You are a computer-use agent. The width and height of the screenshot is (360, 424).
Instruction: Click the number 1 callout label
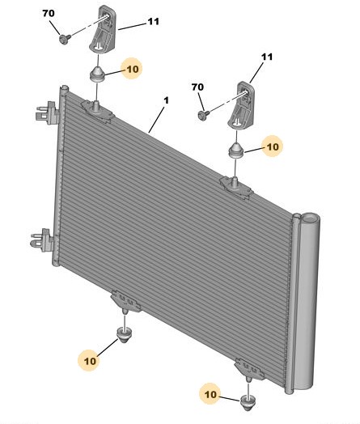[x=166, y=100]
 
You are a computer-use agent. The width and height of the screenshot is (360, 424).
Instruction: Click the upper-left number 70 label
[x=49, y=13]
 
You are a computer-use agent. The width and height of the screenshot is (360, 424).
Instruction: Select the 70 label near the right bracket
[x=197, y=87]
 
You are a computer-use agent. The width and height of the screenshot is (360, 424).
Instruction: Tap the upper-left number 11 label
[x=154, y=22]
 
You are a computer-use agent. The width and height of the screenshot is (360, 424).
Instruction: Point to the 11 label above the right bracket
[x=267, y=57]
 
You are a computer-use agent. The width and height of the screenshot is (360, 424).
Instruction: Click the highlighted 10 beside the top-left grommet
[x=133, y=70]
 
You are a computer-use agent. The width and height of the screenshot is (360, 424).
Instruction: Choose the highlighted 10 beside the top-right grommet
[x=273, y=146]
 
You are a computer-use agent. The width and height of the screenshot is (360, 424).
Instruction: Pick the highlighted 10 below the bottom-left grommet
[x=90, y=361]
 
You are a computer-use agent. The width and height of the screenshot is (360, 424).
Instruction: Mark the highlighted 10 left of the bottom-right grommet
[x=211, y=395]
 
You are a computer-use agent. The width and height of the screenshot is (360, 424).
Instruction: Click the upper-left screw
[x=65, y=39]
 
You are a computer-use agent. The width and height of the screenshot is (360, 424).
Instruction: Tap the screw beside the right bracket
[x=203, y=115]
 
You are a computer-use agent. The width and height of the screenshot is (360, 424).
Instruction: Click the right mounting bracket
[x=241, y=104]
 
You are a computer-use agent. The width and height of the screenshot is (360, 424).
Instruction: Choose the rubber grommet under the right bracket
[x=236, y=151]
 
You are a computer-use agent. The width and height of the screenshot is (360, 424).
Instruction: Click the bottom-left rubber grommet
[x=125, y=334]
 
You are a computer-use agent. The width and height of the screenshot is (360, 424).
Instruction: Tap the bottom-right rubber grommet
[x=248, y=402]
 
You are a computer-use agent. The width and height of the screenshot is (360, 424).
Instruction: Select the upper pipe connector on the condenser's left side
[x=46, y=112]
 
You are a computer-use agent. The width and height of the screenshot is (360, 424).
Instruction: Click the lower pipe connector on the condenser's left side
[x=42, y=240]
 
